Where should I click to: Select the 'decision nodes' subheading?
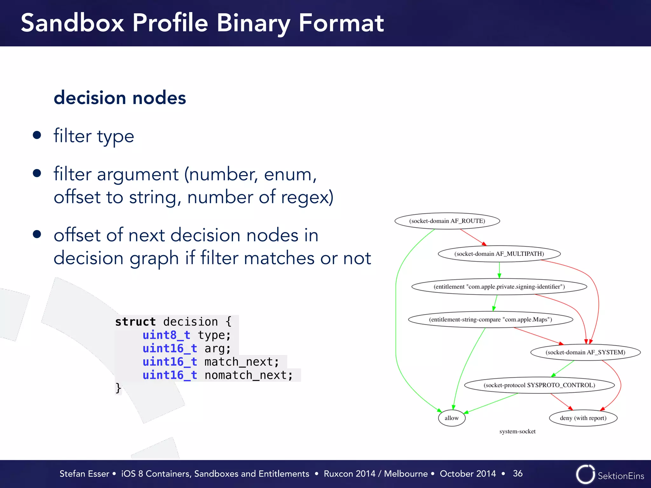[120, 98]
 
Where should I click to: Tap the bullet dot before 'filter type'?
[37, 135]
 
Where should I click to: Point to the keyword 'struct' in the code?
[135, 322]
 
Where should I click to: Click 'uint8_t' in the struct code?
[166, 335]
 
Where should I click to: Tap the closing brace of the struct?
[118, 388]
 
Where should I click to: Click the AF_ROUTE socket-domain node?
[447, 221]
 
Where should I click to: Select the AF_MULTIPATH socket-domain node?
[499, 254]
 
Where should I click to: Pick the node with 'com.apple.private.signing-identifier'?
[499, 287]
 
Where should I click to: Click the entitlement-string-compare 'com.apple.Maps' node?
[490, 319]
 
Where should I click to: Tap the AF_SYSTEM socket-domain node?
[585, 352]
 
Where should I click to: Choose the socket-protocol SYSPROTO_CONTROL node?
[539, 385]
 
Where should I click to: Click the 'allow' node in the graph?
[451, 418]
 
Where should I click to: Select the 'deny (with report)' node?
[583, 418]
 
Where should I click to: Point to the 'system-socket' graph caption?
[517, 431]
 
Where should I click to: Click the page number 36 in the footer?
[517, 473]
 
